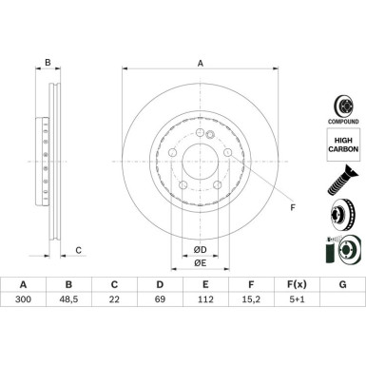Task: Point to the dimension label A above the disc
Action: (x=200, y=64)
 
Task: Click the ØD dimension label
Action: (x=200, y=249)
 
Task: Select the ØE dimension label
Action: (x=200, y=262)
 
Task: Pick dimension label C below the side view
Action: (x=79, y=250)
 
